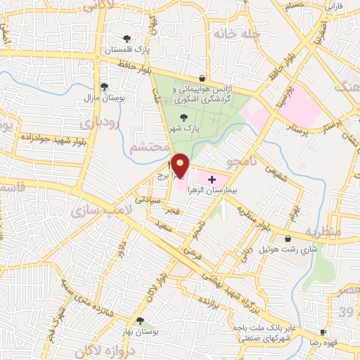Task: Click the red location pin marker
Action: [x=180, y=165]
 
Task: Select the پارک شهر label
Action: [x=188, y=129]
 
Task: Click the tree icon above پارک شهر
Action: [x=184, y=118]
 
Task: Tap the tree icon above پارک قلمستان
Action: [x=126, y=39]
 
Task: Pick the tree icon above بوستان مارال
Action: [x=104, y=86]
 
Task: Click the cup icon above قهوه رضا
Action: [x=323, y=331]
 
